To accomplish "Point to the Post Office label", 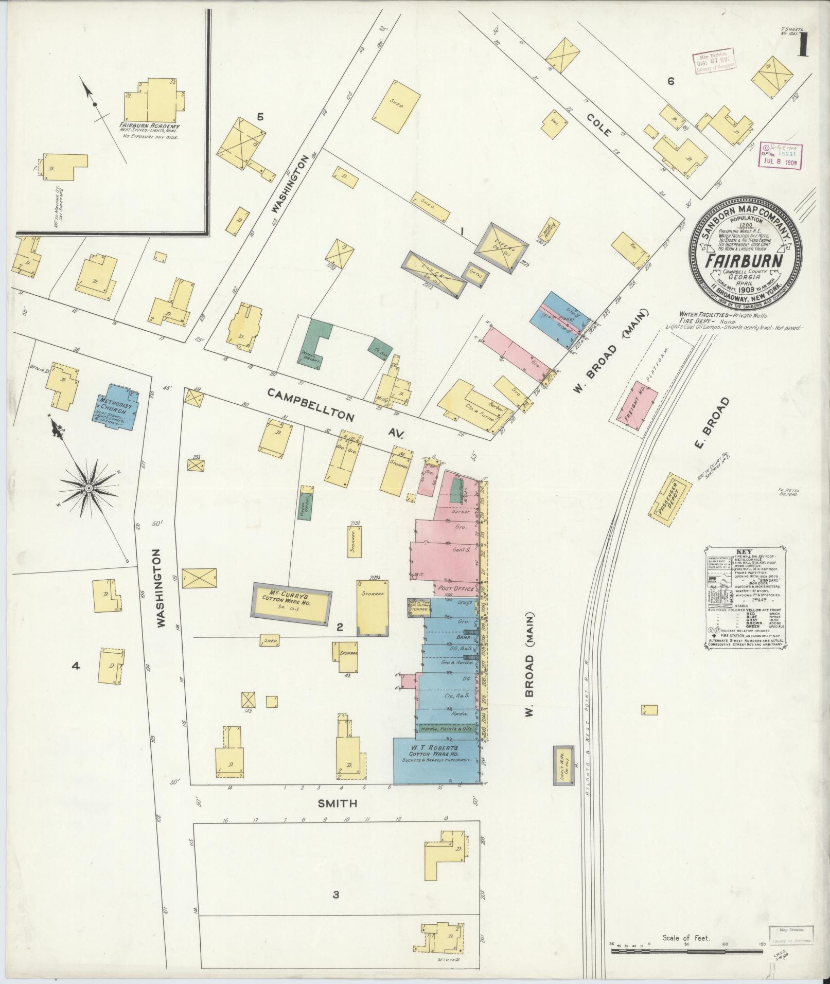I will [456, 588].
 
